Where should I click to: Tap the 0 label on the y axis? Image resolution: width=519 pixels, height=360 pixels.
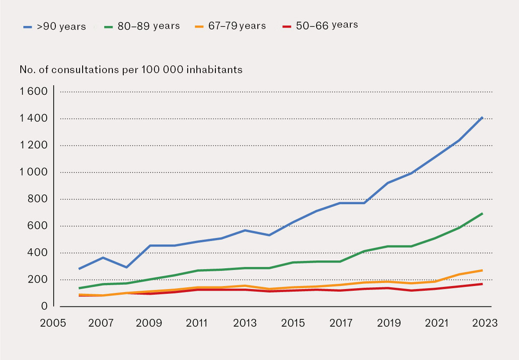[44, 306]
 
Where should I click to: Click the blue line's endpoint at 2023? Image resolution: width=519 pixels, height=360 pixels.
[482, 117]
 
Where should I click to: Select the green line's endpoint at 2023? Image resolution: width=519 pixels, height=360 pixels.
[482, 213]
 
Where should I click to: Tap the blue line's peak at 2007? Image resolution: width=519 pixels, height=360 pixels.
[103, 257]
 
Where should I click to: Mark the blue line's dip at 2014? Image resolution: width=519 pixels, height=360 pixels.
[269, 235]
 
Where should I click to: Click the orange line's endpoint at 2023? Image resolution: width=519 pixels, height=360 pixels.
[482, 270]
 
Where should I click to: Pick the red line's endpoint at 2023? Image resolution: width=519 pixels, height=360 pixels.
[482, 283]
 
